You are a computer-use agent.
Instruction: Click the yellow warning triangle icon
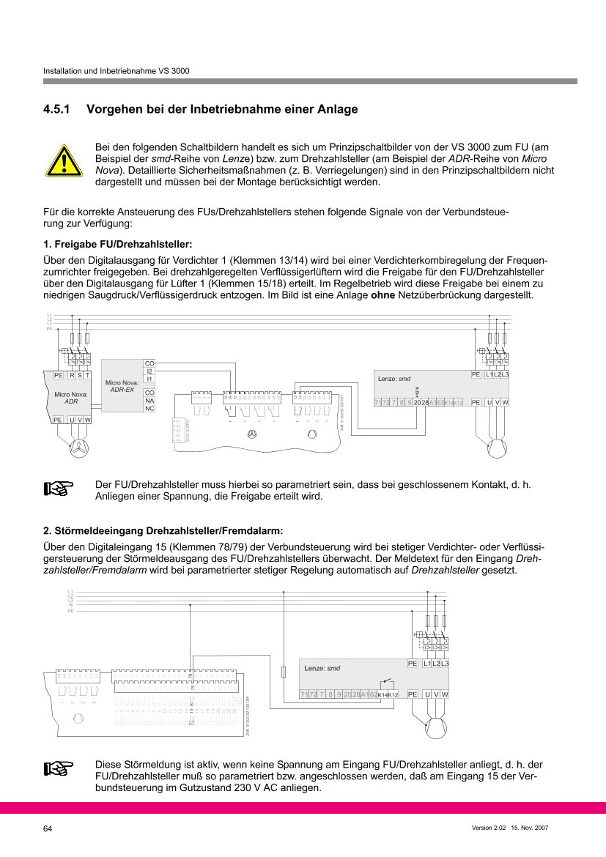(64, 160)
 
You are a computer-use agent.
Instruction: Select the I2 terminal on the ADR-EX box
(149, 371)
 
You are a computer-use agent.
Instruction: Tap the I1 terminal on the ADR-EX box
(149, 379)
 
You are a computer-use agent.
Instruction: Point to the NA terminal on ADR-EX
(149, 400)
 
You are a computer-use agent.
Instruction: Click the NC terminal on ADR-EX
(149, 408)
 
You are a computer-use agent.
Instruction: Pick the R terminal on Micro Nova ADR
(72, 375)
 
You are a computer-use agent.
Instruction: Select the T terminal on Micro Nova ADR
(87, 375)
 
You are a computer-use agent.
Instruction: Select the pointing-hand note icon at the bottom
(56, 768)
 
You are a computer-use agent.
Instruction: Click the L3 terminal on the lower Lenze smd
(444, 663)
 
